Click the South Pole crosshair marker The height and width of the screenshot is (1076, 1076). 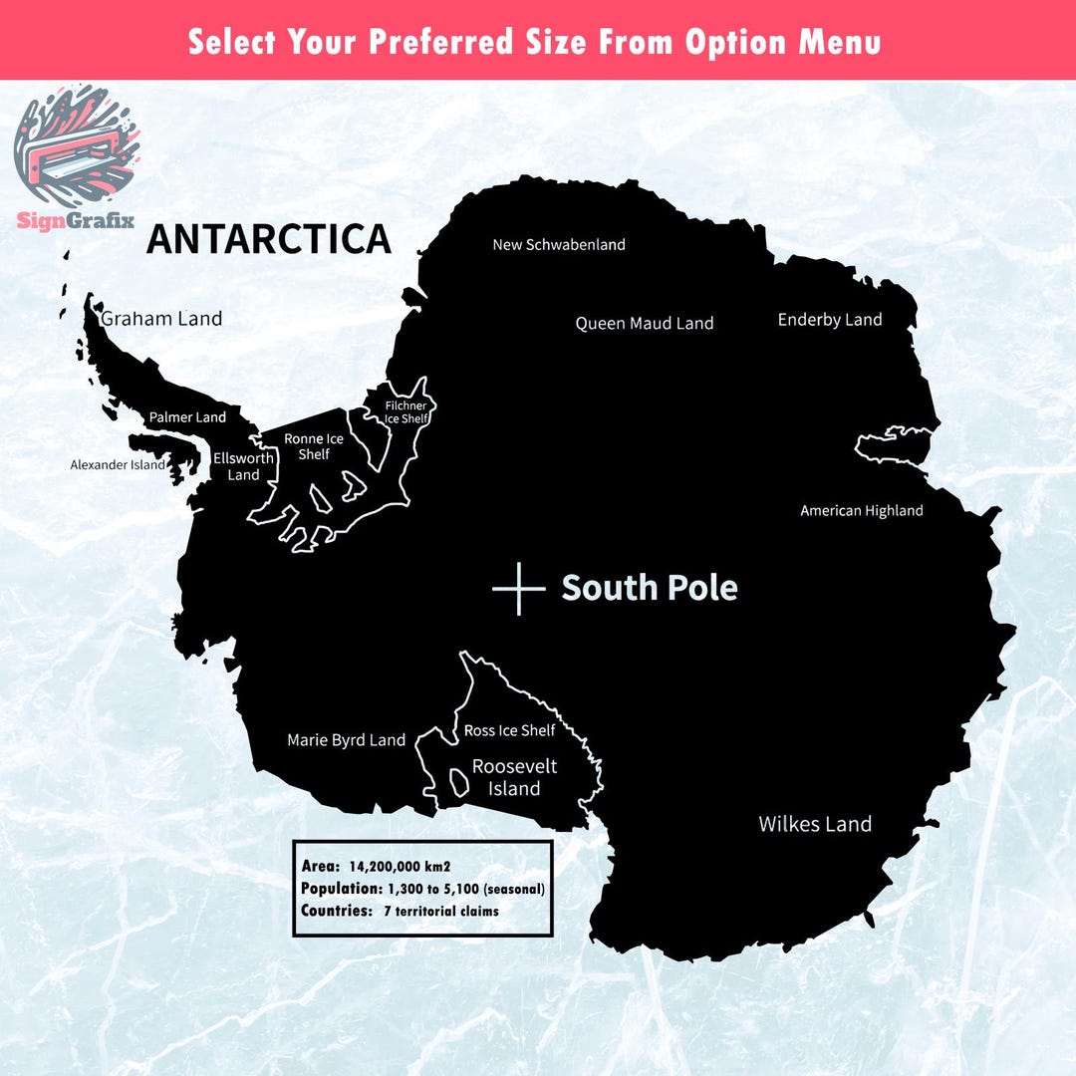[x=519, y=588]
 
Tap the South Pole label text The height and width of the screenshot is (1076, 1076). [x=650, y=588]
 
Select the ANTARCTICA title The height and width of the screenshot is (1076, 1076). [x=269, y=239]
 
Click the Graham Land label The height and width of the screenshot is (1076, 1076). [x=161, y=319]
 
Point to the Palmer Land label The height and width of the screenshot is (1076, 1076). [x=187, y=417]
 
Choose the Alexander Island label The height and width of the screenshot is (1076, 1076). [x=118, y=464]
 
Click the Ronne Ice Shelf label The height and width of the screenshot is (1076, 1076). [x=314, y=446]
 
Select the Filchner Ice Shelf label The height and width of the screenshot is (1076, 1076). [x=406, y=412]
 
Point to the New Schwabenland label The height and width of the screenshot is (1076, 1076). [x=559, y=244]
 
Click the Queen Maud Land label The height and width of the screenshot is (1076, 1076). [x=645, y=323]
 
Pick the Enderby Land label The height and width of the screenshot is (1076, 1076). [x=830, y=320]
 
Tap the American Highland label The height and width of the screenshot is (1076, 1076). [x=862, y=511]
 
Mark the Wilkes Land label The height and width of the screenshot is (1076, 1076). [x=815, y=824]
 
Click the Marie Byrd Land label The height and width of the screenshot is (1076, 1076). [x=346, y=740]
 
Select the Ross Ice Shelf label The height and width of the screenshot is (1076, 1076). [x=510, y=730]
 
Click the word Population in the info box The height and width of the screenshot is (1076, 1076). [x=341, y=888]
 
